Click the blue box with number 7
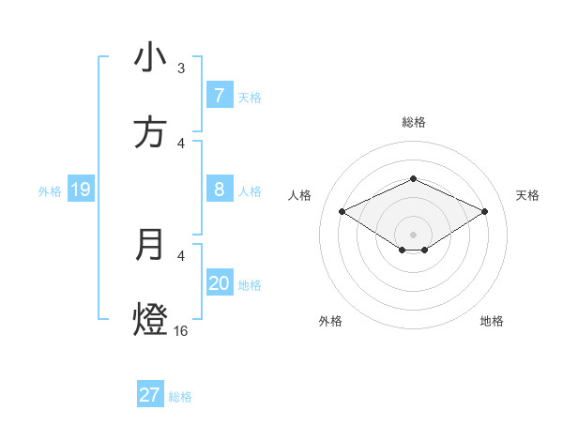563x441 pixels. (x=219, y=95)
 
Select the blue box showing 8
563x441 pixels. (x=219, y=190)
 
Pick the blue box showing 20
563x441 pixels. (x=219, y=283)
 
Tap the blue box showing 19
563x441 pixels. (x=81, y=190)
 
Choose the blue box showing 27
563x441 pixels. (x=150, y=395)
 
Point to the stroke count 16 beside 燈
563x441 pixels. (x=181, y=331)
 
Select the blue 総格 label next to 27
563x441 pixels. (x=180, y=397)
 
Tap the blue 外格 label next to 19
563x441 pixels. (x=50, y=191)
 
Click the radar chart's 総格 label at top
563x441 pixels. (x=413, y=123)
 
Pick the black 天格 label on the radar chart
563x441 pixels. (x=527, y=195)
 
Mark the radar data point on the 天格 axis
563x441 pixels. (x=484, y=211)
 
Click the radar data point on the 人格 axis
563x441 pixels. (x=342, y=211)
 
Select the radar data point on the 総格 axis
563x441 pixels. (x=413, y=178)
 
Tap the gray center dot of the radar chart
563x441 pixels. (x=413, y=234)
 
